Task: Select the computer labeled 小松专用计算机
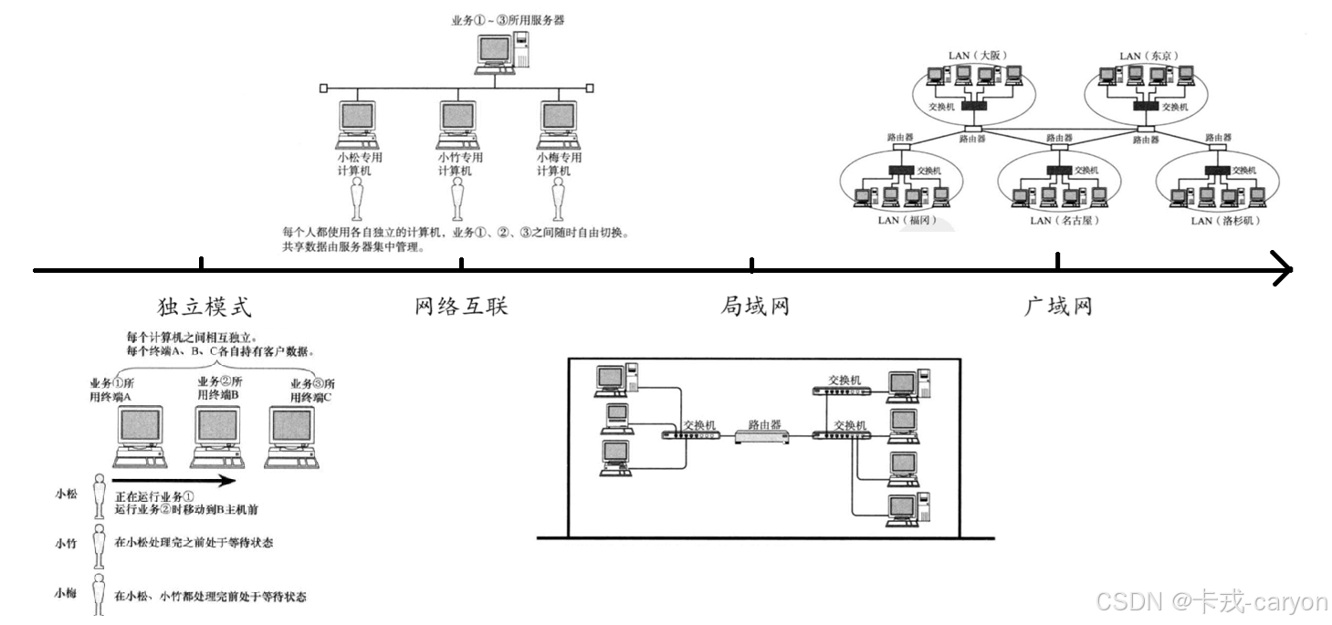(x=358, y=123)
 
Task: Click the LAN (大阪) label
(x=977, y=55)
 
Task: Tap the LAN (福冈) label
(x=908, y=220)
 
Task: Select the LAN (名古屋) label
(x=1065, y=220)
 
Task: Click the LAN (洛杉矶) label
(x=1225, y=220)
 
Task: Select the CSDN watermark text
(x=1210, y=600)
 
